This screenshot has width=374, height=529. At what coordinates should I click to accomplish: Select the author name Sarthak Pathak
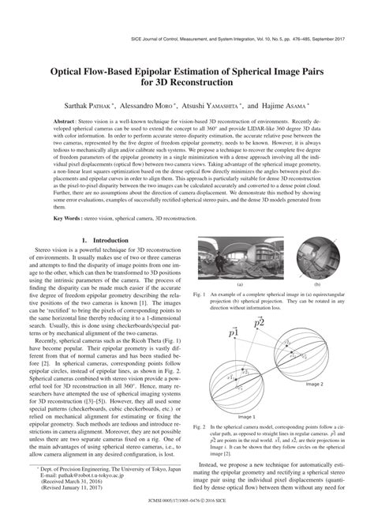[x=82, y=103]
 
